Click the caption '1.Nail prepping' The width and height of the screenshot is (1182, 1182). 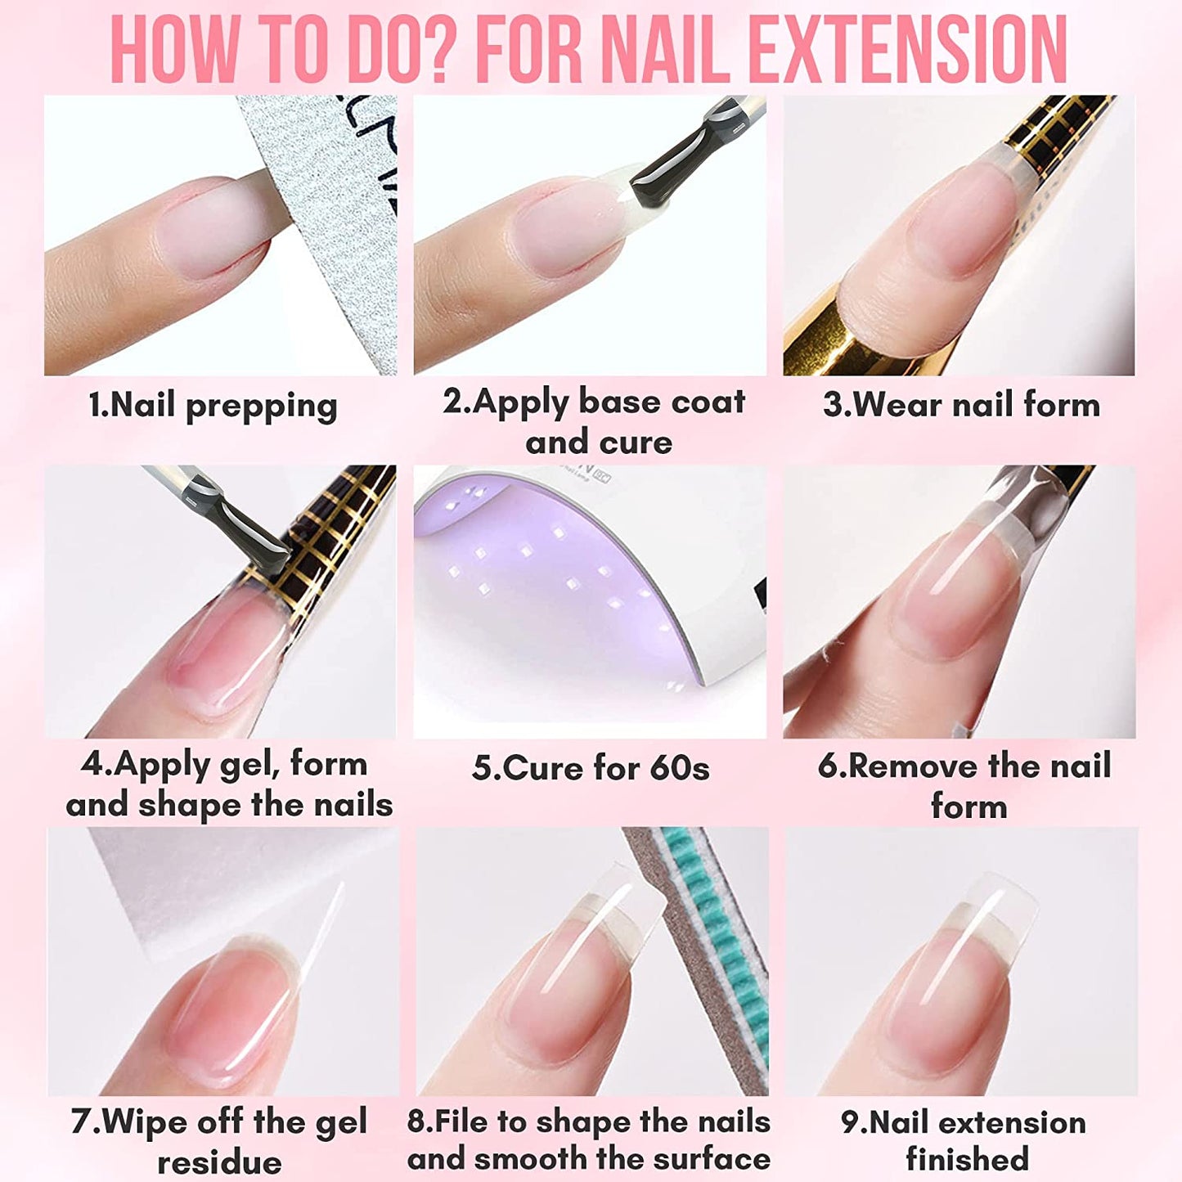pyautogui.click(x=213, y=406)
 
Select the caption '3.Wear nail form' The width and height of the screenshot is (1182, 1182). pyautogui.click(x=961, y=405)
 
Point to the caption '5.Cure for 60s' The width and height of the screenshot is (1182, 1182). pyautogui.click(x=591, y=768)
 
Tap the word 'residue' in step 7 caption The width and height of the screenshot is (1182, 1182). pyautogui.click(x=219, y=1162)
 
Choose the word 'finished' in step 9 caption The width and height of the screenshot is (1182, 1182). pyautogui.click(x=967, y=1159)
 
